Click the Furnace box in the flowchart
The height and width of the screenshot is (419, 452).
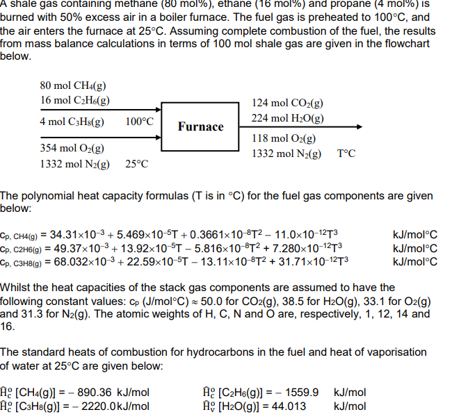coord(200,126)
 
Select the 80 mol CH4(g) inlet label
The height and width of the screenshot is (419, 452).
coord(73,86)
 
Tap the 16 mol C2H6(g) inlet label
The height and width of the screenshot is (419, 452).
coord(74,101)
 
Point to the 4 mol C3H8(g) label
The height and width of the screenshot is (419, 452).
coord(72,122)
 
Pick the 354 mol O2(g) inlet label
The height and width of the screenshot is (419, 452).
coord(72,149)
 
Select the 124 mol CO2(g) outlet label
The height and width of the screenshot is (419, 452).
coord(287,104)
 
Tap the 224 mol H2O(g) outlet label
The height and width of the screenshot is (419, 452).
coord(288,118)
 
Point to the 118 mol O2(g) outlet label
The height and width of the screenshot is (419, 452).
coord(284,139)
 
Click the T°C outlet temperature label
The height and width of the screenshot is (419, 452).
coord(346,154)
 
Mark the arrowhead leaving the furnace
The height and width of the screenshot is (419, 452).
coord(357,127)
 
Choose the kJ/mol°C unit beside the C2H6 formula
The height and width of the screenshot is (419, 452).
coord(415,248)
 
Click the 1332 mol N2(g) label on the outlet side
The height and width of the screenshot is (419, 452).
coord(286,154)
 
